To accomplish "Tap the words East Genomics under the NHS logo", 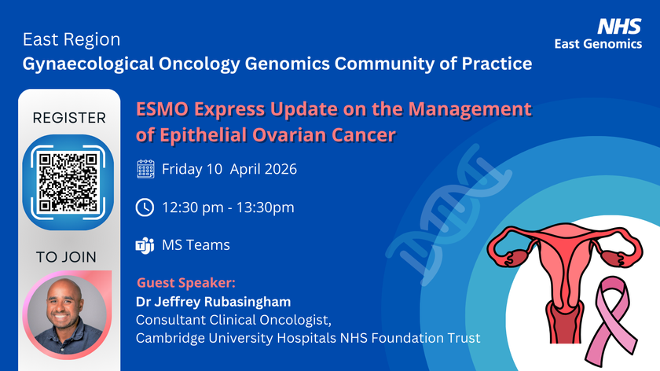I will (598, 44).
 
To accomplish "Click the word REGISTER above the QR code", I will (69, 119).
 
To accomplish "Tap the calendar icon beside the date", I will (145, 169).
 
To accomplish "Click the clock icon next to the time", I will (145, 208).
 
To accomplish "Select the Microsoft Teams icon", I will (145, 245).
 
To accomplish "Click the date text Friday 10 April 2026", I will (229, 169).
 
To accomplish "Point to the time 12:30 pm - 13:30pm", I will (228, 208).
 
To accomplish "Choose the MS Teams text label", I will (196, 245).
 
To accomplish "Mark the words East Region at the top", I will (71, 39).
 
